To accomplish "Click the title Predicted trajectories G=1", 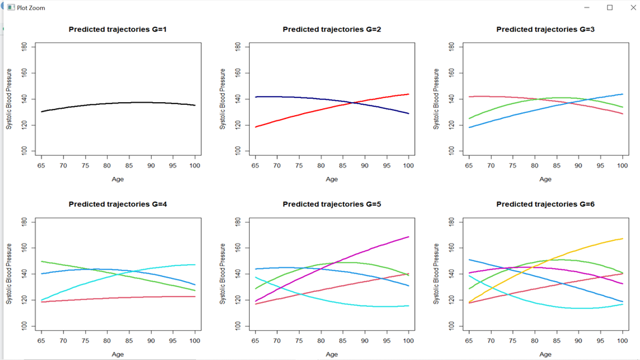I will [x=118, y=30].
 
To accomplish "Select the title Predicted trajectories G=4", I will [x=118, y=204].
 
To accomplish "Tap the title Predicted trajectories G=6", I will [x=545, y=204].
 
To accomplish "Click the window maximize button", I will [x=609, y=7].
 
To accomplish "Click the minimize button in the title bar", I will [x=588, y=7].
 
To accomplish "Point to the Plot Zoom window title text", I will [x=31, y=8].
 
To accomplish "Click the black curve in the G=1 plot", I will [x=118, y=104].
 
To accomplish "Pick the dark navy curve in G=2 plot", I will [x=286, y=97].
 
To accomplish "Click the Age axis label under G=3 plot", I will [x=545, y=180].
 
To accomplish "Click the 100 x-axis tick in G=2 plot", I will [x=409, y=165].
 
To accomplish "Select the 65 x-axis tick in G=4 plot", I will [x=42, y=339].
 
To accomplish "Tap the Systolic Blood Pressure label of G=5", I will [x=223, y=273].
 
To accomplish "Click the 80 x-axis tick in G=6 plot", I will [x=534, y=339].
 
